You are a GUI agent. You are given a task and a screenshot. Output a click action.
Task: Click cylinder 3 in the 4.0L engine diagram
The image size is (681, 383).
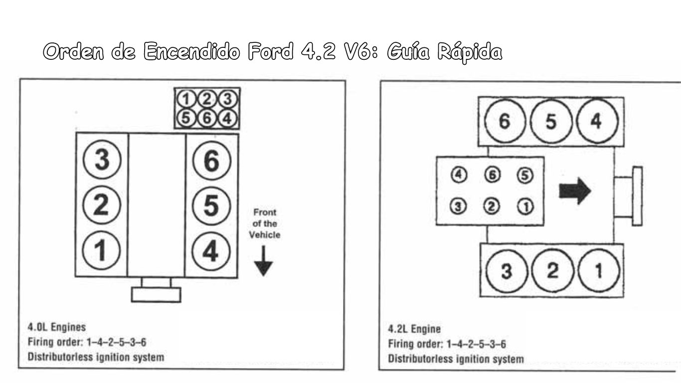(x=102, y=160)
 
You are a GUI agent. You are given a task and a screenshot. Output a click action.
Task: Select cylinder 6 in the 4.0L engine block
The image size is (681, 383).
(x=211, y=160)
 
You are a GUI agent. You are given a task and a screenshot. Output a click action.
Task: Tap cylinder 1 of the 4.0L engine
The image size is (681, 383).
(x=101, y=250)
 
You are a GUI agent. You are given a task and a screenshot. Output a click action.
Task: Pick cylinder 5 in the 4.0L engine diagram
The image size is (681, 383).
(x=211, y=206)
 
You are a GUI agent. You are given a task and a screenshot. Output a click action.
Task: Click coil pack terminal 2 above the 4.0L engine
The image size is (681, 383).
(x=207, y=99)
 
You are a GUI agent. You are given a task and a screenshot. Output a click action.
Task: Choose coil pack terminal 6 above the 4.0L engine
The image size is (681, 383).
(x=207, y=118)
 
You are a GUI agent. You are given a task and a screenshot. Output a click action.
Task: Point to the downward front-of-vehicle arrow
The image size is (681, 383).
(x=263, y=261)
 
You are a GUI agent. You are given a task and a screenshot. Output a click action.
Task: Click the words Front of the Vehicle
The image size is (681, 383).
(x=265, y=223)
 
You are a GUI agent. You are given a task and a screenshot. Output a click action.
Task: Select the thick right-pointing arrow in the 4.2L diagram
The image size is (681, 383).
(x=575, y=191)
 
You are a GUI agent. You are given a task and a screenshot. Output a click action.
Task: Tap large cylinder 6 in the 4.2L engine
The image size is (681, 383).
(x=505, y=121)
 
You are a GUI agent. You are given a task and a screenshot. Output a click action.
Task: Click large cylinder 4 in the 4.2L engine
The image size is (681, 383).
(x=597, y=121)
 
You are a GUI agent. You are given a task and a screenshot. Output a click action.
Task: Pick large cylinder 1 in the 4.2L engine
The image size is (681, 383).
(x=598, y=270)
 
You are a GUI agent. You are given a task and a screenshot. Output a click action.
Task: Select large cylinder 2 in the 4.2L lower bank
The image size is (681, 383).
(x=552, y=270)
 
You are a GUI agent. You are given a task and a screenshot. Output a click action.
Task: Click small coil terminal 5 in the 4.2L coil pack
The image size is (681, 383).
(x=525, y=175)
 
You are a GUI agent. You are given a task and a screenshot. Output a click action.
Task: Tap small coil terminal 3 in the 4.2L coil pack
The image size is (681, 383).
(x=458, y=206)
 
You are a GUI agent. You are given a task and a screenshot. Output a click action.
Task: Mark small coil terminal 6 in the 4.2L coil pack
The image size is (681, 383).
(x=492, y=175)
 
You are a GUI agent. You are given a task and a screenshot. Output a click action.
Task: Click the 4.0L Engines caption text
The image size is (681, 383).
(x=57, y=327)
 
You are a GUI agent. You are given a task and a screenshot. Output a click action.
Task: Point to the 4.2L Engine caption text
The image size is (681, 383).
(x=414, y=329)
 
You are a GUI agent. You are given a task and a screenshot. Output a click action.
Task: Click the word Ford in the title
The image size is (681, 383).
(x=271, y=51)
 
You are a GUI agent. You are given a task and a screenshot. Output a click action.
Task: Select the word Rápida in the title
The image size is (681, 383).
(x=470, y=52)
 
